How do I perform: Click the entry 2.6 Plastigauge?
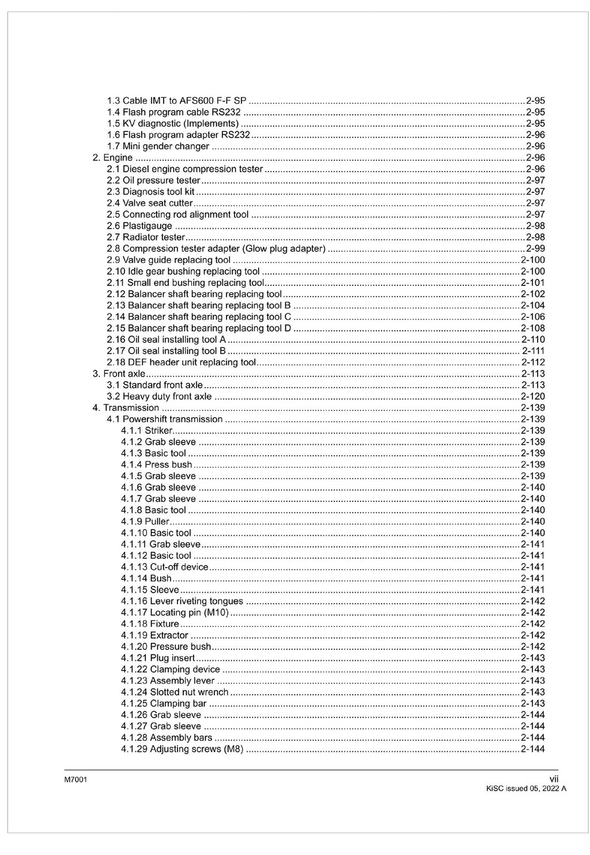tap(139, 226)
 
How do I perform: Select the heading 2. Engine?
tap(113, 158)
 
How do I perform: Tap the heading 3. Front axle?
tap(119, 374)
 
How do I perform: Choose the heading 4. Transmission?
tap(126, 408)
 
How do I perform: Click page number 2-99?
tap(535, 249)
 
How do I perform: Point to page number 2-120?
tap(532, 396)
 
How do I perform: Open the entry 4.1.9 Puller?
tap(145, 521)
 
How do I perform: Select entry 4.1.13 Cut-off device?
tap(164, 567)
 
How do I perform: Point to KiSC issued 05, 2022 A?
tap(526, 789)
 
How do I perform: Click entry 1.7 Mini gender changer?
tap(158, 146)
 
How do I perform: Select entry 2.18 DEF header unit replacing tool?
tap(181, 362)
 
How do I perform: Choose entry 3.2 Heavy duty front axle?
tap(159, 396)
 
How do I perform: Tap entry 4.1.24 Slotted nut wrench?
tap(175, 692)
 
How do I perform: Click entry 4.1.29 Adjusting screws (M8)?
tap(182, 749)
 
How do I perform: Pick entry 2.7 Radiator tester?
tap(146, 237)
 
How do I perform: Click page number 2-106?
tap(532, 317)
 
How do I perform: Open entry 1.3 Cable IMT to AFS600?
tap(176, 101)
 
